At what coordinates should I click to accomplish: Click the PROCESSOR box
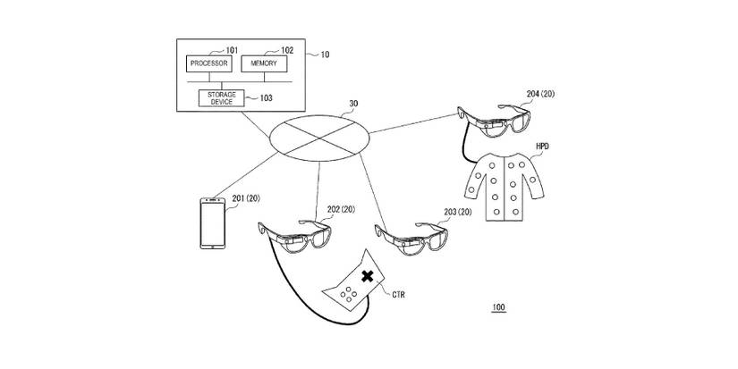[208, 64]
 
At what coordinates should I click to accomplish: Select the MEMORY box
[263, 64]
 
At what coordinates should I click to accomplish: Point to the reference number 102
[287, 50]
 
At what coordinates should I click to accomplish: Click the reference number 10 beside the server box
[323, 55]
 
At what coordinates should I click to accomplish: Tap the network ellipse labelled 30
[319, 136]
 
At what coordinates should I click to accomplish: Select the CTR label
[402, 293]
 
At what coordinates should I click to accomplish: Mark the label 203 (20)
[456, 213]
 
